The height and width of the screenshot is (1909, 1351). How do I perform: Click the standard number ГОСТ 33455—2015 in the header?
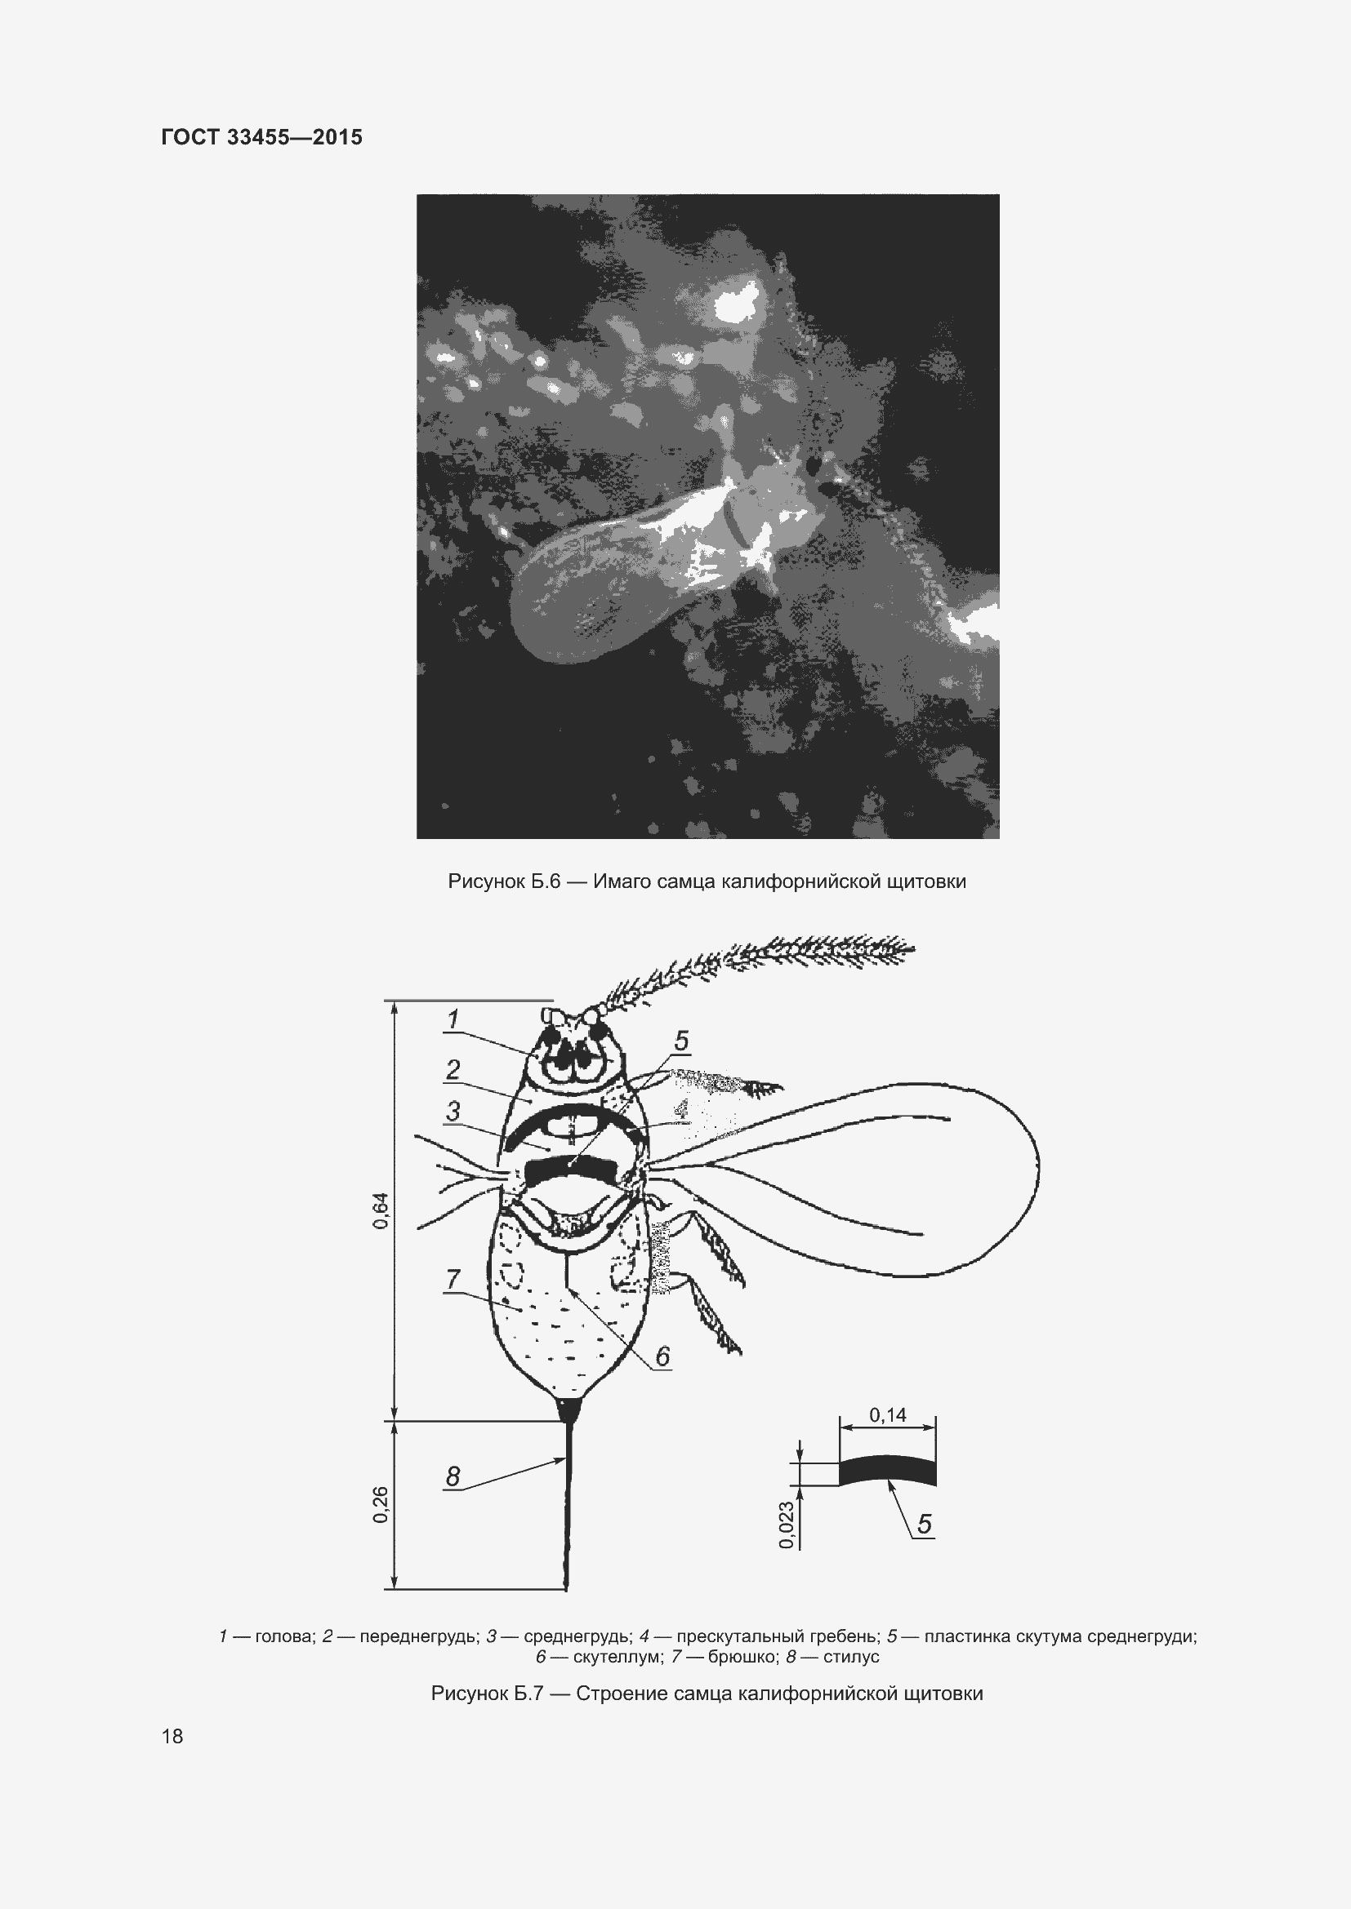pyautogui.click(x=262, y=137)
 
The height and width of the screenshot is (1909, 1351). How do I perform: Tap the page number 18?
pyautogui.click(x=172, y=1736)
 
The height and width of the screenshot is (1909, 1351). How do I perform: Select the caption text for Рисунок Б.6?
pyautogui.click(x=707, y=881)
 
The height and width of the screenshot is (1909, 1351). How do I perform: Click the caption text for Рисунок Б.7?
pyautogui.click(x=707, y=1694)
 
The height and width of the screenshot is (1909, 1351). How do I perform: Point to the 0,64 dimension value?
pyautogui.click(x=380, y=1210)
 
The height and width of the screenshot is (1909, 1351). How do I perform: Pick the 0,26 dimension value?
pyautogui.click(x=380, y=1505)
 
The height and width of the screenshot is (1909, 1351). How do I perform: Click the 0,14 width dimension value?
pyautogui.click(x=888, y=1414)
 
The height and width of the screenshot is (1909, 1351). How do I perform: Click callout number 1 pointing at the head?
pyautogui.click(x=453, y=1019)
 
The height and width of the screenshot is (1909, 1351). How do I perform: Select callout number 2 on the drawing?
pyautogui.click(x=453, y=1069)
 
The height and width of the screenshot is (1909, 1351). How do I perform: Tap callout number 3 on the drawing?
pyautogui.click(x=453, y=1111)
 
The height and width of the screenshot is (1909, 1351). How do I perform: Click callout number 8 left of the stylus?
pyautogui.click(x=453, y=1476)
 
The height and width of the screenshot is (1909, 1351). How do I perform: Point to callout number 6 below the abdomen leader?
pyautogui.click(x=662, y=1356)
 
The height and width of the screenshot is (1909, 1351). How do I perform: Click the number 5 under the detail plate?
pyautogui.click(x=925, y=1524)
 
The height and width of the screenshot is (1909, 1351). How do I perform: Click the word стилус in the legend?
pyautogui.click(x=851, y=1657)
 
